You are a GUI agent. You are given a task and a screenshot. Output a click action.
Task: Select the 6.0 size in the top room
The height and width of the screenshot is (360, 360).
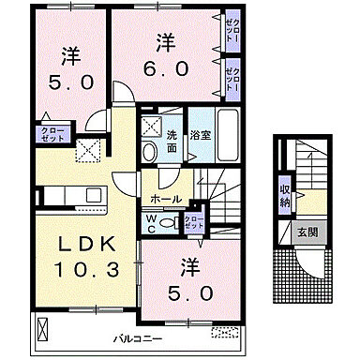(165, 68)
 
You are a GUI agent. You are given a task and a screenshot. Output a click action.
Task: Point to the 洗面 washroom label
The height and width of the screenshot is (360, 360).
(172, 141)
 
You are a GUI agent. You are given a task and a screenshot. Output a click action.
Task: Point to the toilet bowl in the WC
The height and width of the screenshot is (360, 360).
(167, 223)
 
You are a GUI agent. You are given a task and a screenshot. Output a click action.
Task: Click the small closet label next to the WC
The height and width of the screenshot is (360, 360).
(193, 221)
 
